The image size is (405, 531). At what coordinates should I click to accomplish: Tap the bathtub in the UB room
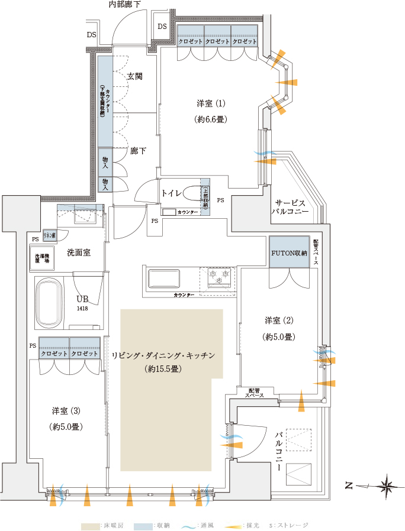click(x=49, y=303)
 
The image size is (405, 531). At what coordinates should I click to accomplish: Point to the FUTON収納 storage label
click(x=289, y=252)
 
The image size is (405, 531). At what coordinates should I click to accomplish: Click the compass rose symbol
click(x=387, y=487)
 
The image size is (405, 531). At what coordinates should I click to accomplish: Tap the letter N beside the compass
click(x=349, y=487)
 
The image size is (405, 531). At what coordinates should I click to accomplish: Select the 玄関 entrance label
click(x=135, y=76)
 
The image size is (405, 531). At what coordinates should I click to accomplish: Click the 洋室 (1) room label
click(x=211, y=104)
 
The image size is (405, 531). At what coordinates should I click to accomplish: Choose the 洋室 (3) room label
click(x=66, y=410)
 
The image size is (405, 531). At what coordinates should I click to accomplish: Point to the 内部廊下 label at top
click(x=125, y=5)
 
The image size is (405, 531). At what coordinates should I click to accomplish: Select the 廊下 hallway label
click(x=138, y=151)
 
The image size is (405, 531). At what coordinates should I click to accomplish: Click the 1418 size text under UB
click(x=81, y=309)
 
